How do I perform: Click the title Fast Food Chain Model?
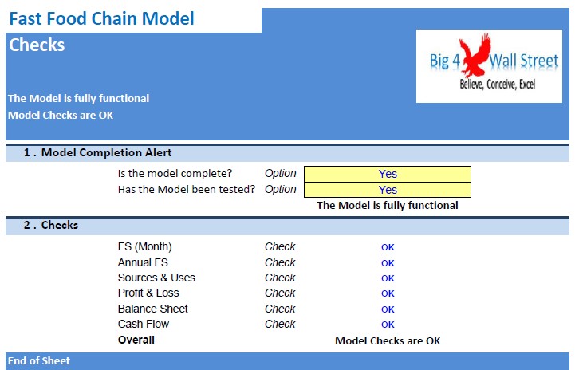(101, 18)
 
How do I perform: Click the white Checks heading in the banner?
(37, 45)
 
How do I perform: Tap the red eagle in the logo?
(475, 54)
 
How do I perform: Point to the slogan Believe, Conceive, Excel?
(498, 85)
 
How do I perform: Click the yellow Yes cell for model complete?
(388, 174)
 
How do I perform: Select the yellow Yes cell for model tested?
(388, 190)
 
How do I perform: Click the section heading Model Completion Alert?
(106, 152)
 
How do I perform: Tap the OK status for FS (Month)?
(388, 247)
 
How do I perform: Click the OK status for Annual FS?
(388, 263)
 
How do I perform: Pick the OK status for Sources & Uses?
(388, 278)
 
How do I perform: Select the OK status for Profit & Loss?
(388, 293)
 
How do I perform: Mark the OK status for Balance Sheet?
(388, 309)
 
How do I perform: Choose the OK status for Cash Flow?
(388, 325)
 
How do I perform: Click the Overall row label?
(136, 340)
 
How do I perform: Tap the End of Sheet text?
(39, 361)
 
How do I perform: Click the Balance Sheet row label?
(152, 309)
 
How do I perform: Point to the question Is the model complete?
(175, 174)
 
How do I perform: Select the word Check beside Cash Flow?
(280, 325)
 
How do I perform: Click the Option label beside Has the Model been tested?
(280, 189)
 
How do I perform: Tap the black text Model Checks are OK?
(388, 340)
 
